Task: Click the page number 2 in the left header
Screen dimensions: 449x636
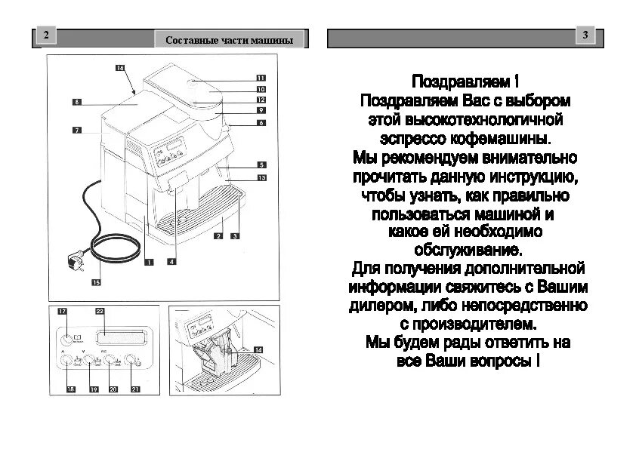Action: click(47, 35)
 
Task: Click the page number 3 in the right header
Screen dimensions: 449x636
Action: click(586, 35)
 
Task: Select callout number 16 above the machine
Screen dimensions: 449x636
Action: click(120, 68)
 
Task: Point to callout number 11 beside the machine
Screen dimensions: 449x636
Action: click(261, 78)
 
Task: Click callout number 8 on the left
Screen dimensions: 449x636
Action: click(76, 101)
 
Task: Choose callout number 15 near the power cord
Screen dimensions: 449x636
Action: click(96, 283)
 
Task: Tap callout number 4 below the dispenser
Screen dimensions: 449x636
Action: click(172, 262)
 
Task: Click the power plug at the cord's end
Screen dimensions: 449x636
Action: click(76, 263)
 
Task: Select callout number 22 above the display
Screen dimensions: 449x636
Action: click(100, 311)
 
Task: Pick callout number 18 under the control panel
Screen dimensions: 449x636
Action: click(71, 389)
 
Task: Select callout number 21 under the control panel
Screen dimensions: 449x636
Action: click(136, 389)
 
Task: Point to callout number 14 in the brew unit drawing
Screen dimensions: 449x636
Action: click(258, 349)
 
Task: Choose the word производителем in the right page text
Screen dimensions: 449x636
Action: click(474, 324)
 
